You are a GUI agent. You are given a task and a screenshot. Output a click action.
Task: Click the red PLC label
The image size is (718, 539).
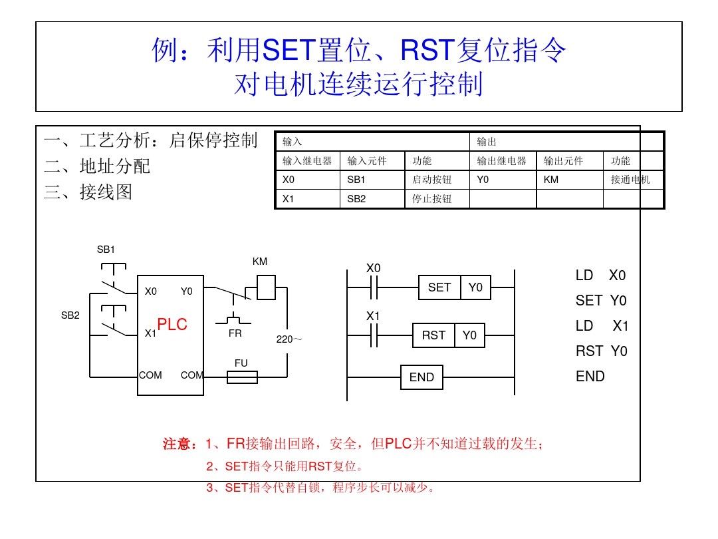point(172,325)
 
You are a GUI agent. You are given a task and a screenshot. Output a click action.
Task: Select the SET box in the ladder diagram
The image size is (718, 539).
point(439,287)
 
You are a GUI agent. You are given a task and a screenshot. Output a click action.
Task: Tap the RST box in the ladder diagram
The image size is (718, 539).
point(433,335)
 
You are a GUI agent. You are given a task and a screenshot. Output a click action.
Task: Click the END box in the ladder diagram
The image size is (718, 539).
point(421,377)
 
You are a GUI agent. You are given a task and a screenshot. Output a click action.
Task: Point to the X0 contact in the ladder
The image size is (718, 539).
point(374,287)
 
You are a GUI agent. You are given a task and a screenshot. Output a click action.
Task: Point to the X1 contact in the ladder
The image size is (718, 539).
point(374,335)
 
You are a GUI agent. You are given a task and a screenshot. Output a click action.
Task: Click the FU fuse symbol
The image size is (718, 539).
point(242,377)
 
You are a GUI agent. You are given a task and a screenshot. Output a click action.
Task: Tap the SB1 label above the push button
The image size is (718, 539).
point(106,250)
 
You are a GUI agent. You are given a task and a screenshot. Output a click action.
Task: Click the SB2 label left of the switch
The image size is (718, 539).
point(70,315)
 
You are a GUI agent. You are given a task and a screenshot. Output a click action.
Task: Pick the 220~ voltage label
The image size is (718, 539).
point(289,339)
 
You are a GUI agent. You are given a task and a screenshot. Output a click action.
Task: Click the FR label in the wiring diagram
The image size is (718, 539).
point(235,333)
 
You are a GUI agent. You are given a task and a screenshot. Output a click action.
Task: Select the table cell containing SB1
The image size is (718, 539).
point(372,180)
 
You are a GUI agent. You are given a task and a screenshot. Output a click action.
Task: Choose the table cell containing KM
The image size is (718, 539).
point(569,180)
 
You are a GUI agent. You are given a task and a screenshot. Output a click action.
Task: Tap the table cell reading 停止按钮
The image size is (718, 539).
point(437,198)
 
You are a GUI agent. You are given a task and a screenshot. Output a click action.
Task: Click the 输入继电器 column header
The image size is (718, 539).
point(307,161)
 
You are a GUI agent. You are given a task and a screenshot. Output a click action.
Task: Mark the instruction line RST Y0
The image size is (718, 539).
point(601,351)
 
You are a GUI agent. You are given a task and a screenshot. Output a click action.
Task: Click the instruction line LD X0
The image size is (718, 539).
point(601,275)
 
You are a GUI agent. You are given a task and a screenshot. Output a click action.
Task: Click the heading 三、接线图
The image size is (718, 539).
point(88,192)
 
